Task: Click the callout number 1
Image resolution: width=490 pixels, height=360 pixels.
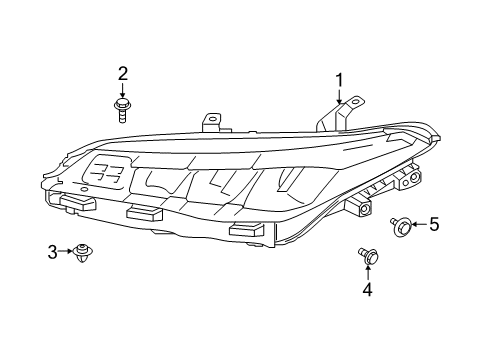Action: [x=339, y=80]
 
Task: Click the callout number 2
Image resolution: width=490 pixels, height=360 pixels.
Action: [x=123, y=72]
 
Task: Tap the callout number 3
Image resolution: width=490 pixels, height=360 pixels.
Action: [x=53, y=252]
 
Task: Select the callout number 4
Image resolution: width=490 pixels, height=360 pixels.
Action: [x=367, y=289]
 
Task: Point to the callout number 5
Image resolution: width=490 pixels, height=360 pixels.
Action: [x=434, y=226]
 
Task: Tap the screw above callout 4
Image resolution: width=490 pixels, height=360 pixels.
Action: [x=366, y=257]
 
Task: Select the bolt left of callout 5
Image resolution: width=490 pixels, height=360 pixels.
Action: [x=400, y=226]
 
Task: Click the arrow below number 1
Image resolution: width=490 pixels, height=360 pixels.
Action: [x=339, y=97]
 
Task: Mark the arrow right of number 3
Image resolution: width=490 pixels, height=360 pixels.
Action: [x=66, y=252]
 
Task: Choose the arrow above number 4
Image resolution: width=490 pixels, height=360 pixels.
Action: [x=367, y=273]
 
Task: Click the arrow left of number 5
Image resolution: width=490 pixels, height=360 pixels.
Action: [x=418, y=226]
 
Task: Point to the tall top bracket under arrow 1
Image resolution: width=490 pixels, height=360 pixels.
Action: [x=332, y=118]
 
